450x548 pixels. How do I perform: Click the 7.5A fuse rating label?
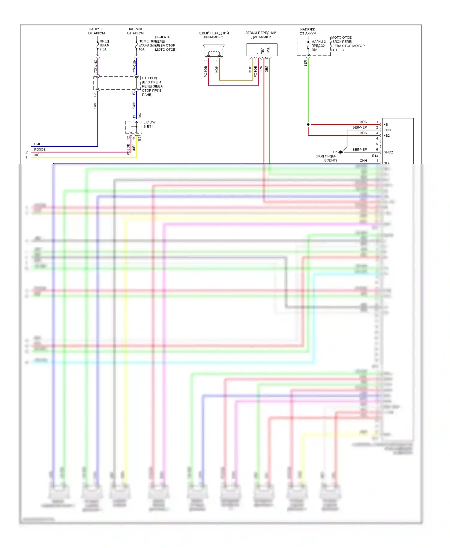[x=103, y=49]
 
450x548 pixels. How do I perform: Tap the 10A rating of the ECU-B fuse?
[x=141, y=49]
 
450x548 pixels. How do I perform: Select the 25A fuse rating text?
[x=314, y=50]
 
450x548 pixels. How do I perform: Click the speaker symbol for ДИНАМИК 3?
[x=214, y=51]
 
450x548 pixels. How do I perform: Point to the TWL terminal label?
[x=268, y=50]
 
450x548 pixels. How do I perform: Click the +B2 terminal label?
[x=387, y=136]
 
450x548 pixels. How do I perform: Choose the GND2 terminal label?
[x=388, y=152]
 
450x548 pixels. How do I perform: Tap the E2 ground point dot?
[x=341, y=152]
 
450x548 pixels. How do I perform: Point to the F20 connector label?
[x=95, y=94]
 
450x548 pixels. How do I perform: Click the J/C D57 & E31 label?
[x=149, y=124]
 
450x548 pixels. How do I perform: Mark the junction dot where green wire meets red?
[x=308, y=124]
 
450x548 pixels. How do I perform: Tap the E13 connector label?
[x=375, y=156]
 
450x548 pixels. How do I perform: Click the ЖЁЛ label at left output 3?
[x=37, y=155]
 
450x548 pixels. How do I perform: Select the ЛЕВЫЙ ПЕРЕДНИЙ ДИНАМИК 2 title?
[x=261, y=35]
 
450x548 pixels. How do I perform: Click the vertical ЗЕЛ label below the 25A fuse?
[x=305, y=63]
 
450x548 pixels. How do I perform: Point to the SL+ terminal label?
[x=386, y=163]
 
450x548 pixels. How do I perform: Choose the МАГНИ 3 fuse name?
[x=318, y=42]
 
